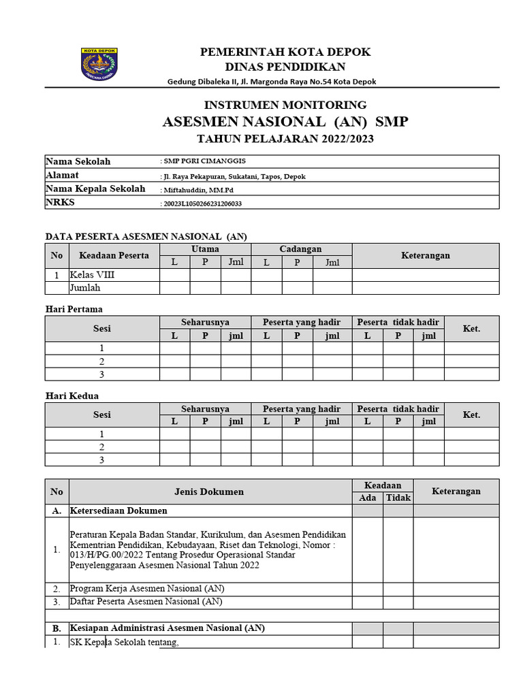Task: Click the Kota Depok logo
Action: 99,65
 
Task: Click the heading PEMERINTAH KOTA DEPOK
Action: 285,52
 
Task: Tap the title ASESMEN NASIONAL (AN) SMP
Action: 285,122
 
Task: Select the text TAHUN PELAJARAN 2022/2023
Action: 285,140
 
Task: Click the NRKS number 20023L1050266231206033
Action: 202,204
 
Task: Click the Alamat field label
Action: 62,176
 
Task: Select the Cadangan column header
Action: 300,249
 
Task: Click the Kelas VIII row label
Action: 93,276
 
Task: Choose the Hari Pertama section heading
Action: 74,309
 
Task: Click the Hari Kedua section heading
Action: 72,395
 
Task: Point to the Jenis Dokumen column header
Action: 209,491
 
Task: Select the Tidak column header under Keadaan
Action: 398,498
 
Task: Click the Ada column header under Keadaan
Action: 367,498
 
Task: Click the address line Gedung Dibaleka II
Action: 272,82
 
